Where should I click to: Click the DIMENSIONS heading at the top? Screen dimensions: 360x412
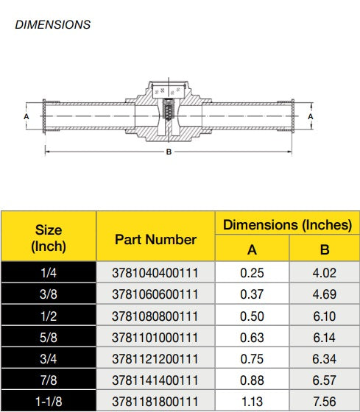tap(53, 25)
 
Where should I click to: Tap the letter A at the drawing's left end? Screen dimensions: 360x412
tap(27, 116)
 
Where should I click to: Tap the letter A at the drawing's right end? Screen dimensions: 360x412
tap(311, 116)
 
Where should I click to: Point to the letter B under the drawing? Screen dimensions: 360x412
tap(169, 152)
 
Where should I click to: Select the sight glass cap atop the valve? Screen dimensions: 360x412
tap(169, 90)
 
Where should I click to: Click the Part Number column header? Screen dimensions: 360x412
tap(155, 240)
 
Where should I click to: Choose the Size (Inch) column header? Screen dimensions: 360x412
tap(49, 238)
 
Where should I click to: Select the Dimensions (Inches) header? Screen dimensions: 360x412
tap(287, 225)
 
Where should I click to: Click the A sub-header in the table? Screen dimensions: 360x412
tap(252, 249)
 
